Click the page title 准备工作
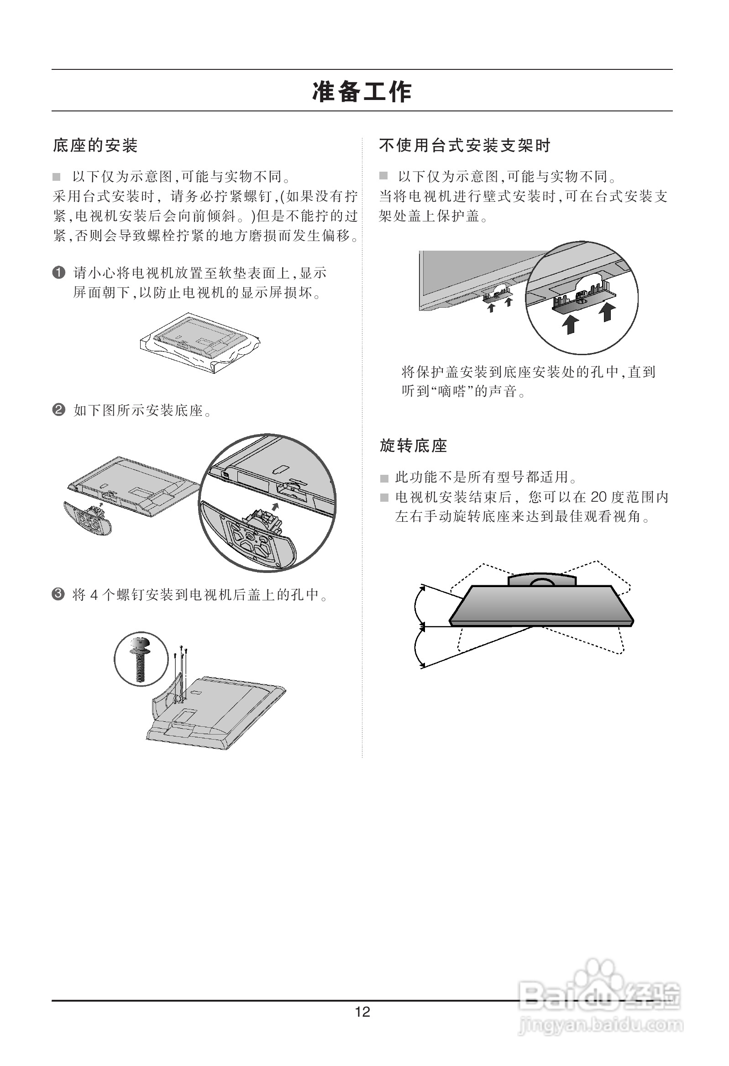point(362,91)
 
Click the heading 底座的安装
point(95,146)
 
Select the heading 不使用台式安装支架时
point(464,146)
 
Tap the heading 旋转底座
point(414,446)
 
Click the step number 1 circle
point(59,273)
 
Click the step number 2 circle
point(59,409)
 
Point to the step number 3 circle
point(58,594)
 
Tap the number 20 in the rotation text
point(599,497)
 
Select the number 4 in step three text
point(94,595)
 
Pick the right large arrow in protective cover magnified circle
point(607,312)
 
